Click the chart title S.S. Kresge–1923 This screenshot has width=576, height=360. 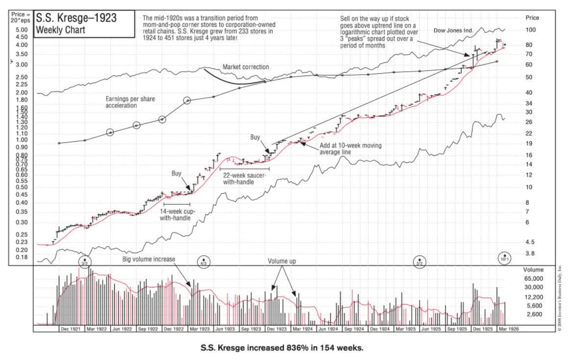tap(76, 19)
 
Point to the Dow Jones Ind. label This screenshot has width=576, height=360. tap(453, 30)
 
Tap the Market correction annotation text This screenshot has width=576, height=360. tap(245, 67)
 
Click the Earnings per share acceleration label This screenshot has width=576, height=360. tap(130, 102)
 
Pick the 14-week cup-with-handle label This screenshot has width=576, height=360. tap(176, 215)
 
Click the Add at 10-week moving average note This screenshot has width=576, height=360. tap(350, 149)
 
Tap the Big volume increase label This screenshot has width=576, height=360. tap(149, 259)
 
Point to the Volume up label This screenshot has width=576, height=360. tap(282, 261)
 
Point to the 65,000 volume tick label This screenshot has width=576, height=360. tap(533, 279)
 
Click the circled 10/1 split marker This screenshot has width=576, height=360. tap(504, 258)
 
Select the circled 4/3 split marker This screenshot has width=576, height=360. tap(204, 261)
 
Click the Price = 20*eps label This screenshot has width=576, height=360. tap(21, 18)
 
